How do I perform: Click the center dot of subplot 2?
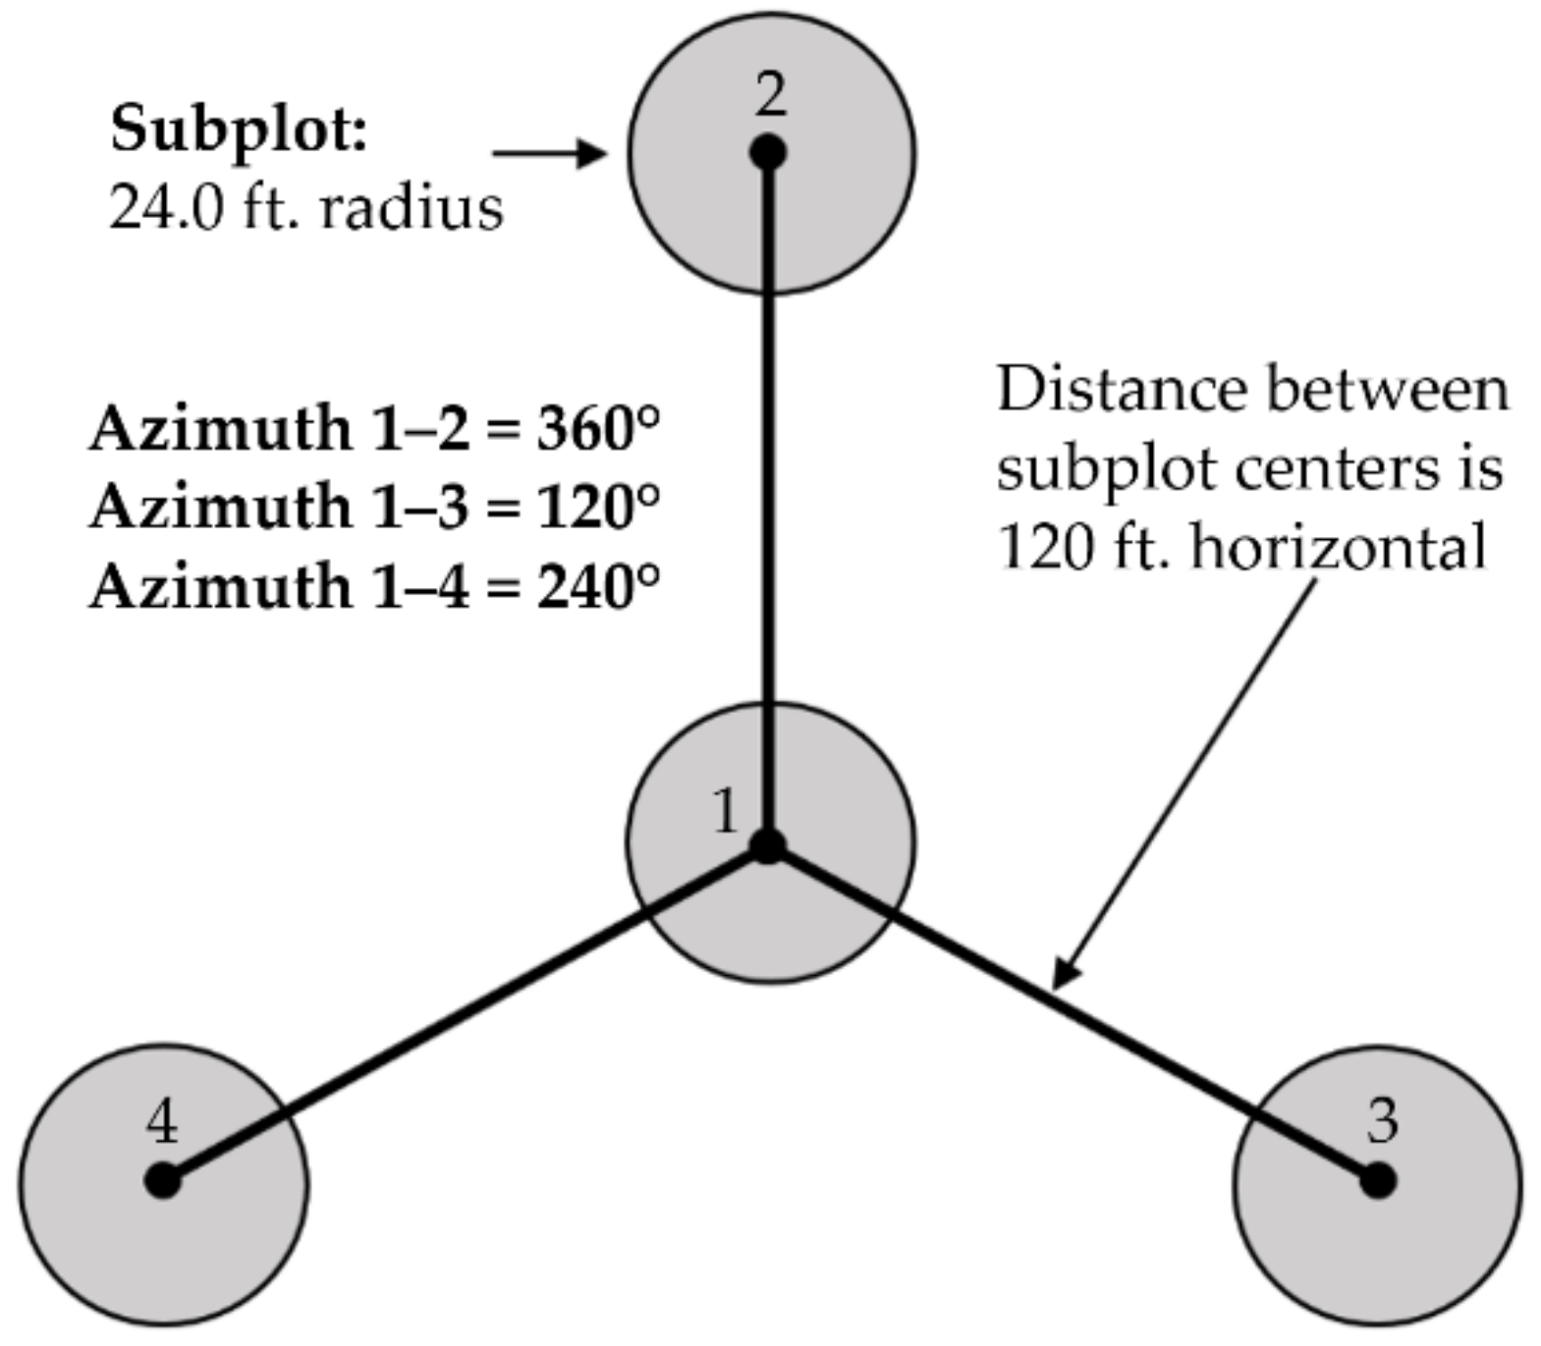coord(768,153)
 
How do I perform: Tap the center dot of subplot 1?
coord(768,846)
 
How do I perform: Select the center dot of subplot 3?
coord(1378,1180)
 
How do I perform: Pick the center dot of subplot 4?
coord(163,1180)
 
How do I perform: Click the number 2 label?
coord(771,96)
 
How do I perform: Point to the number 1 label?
coord(726,812)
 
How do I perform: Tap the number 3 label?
coord(1382,1119)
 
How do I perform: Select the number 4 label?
coord(163,1120)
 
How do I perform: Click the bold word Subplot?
coord(239,130)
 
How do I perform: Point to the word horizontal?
coord(1338,547)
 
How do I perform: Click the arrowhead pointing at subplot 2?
coord(593,153)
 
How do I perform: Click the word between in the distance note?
coord(1387,389)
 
